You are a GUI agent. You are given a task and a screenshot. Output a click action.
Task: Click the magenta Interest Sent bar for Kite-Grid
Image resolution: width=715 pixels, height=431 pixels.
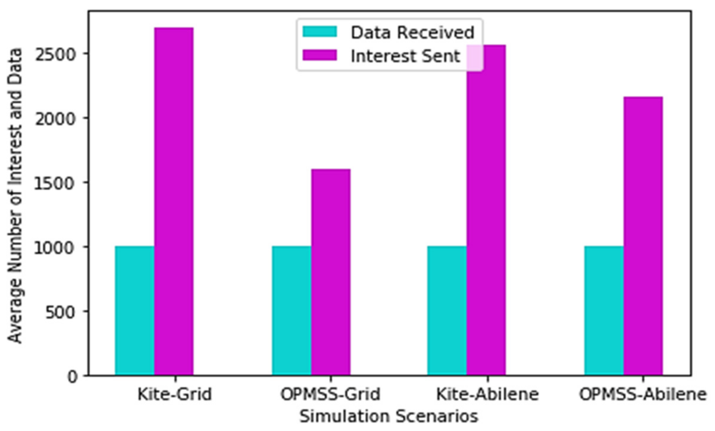pos(174,201)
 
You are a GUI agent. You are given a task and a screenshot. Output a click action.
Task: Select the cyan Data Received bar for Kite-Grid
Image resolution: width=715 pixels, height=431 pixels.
pos(135,311)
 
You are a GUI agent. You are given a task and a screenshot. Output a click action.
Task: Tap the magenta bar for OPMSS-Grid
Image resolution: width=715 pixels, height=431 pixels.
pos(331,272)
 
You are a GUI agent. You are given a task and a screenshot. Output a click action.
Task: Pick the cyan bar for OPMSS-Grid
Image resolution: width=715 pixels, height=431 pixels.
pos(292,311)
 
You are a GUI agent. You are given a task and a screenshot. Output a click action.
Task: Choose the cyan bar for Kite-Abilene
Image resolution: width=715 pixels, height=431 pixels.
pos(447,311)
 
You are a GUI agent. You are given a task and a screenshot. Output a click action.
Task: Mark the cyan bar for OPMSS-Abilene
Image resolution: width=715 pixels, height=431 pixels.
pos(604,311)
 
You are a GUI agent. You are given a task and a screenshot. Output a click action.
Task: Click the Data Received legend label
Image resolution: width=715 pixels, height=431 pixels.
pos(412,32)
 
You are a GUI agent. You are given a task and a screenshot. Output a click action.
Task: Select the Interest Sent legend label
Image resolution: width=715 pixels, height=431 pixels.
pos(405,56)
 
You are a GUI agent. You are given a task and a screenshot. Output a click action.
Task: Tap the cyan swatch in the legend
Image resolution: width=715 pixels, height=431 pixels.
pos(320,32)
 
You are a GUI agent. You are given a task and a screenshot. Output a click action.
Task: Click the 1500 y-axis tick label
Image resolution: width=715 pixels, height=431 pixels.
pos(54,184)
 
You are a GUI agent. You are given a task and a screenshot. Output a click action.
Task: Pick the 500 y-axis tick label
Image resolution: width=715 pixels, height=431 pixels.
pos(59,313)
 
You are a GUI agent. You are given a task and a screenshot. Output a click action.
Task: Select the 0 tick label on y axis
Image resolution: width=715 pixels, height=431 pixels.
pos(72,377)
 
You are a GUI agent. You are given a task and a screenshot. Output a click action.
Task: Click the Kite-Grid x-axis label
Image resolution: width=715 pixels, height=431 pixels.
pos(175,394)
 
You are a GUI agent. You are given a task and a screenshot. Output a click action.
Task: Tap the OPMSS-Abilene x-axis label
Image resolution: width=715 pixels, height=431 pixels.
pos(643,394)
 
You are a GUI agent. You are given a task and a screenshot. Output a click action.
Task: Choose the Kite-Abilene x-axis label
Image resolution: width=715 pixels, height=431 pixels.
pos(487,394)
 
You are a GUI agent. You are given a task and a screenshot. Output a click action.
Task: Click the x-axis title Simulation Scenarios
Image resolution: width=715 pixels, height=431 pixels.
pos(389,416)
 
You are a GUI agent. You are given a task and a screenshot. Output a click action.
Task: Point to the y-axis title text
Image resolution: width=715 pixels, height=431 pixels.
pos(15,195)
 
